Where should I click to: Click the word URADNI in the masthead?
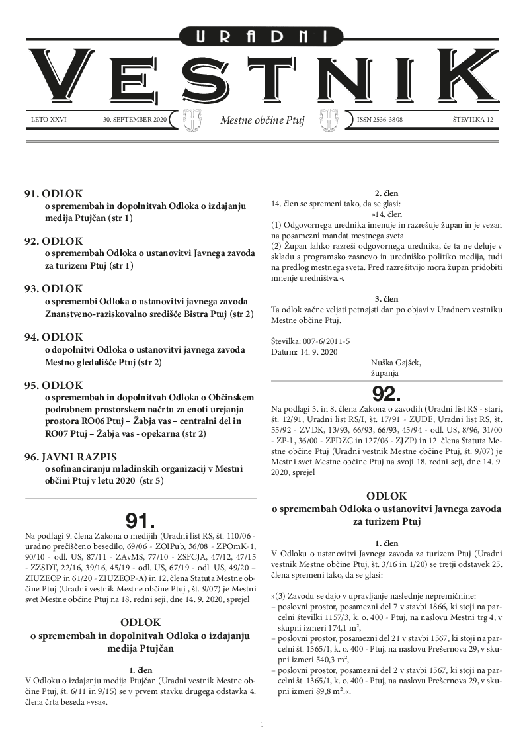pos(262,38)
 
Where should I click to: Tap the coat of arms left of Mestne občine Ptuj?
pos(191,120)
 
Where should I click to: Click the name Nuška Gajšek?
pos(397,362)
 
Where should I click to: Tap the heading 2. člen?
pos(387,193)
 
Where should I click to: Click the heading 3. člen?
pos(387,299)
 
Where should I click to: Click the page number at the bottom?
pos(262,726)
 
